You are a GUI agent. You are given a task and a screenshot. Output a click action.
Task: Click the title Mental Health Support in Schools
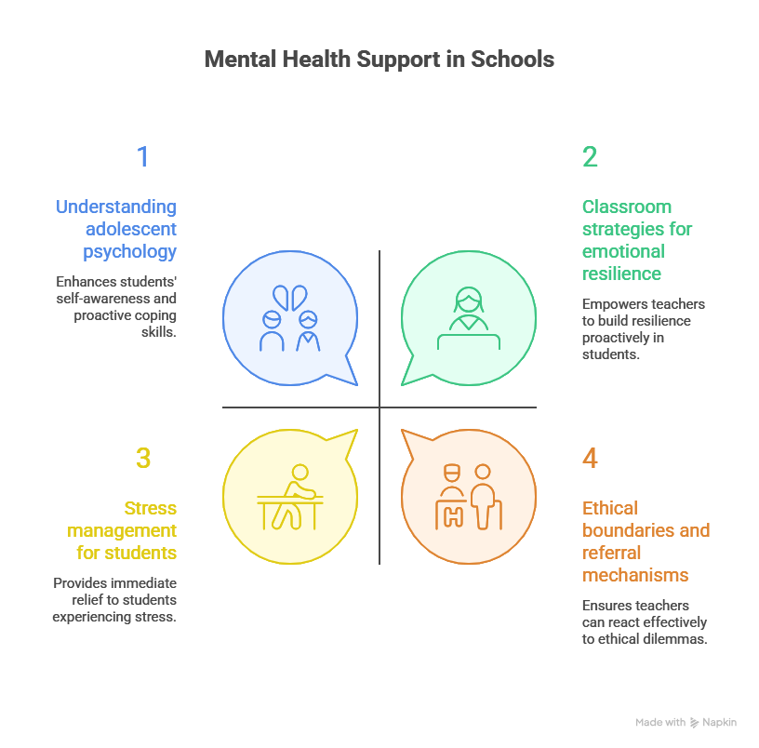pos(379,60)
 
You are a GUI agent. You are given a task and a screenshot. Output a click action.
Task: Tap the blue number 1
pos(142,157)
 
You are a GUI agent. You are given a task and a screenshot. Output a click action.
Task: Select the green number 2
pos(590,157)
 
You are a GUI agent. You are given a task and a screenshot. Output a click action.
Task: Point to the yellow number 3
pos(142,459)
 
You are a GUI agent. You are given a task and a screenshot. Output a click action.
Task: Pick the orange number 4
pos(590,459)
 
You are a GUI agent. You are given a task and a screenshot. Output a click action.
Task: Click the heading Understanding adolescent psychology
pos(116,229)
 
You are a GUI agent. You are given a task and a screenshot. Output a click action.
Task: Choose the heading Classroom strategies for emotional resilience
pos(637,240)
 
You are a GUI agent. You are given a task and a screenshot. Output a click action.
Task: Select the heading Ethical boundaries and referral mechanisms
pos(646,541)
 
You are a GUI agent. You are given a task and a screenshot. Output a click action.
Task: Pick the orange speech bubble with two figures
pos(468,497)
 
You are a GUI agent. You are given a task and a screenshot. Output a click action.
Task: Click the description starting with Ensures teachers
pos(645,621)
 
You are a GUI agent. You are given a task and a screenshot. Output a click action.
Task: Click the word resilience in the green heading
pos(622,274)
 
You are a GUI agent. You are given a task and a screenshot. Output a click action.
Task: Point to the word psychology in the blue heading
pos(130,251)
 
